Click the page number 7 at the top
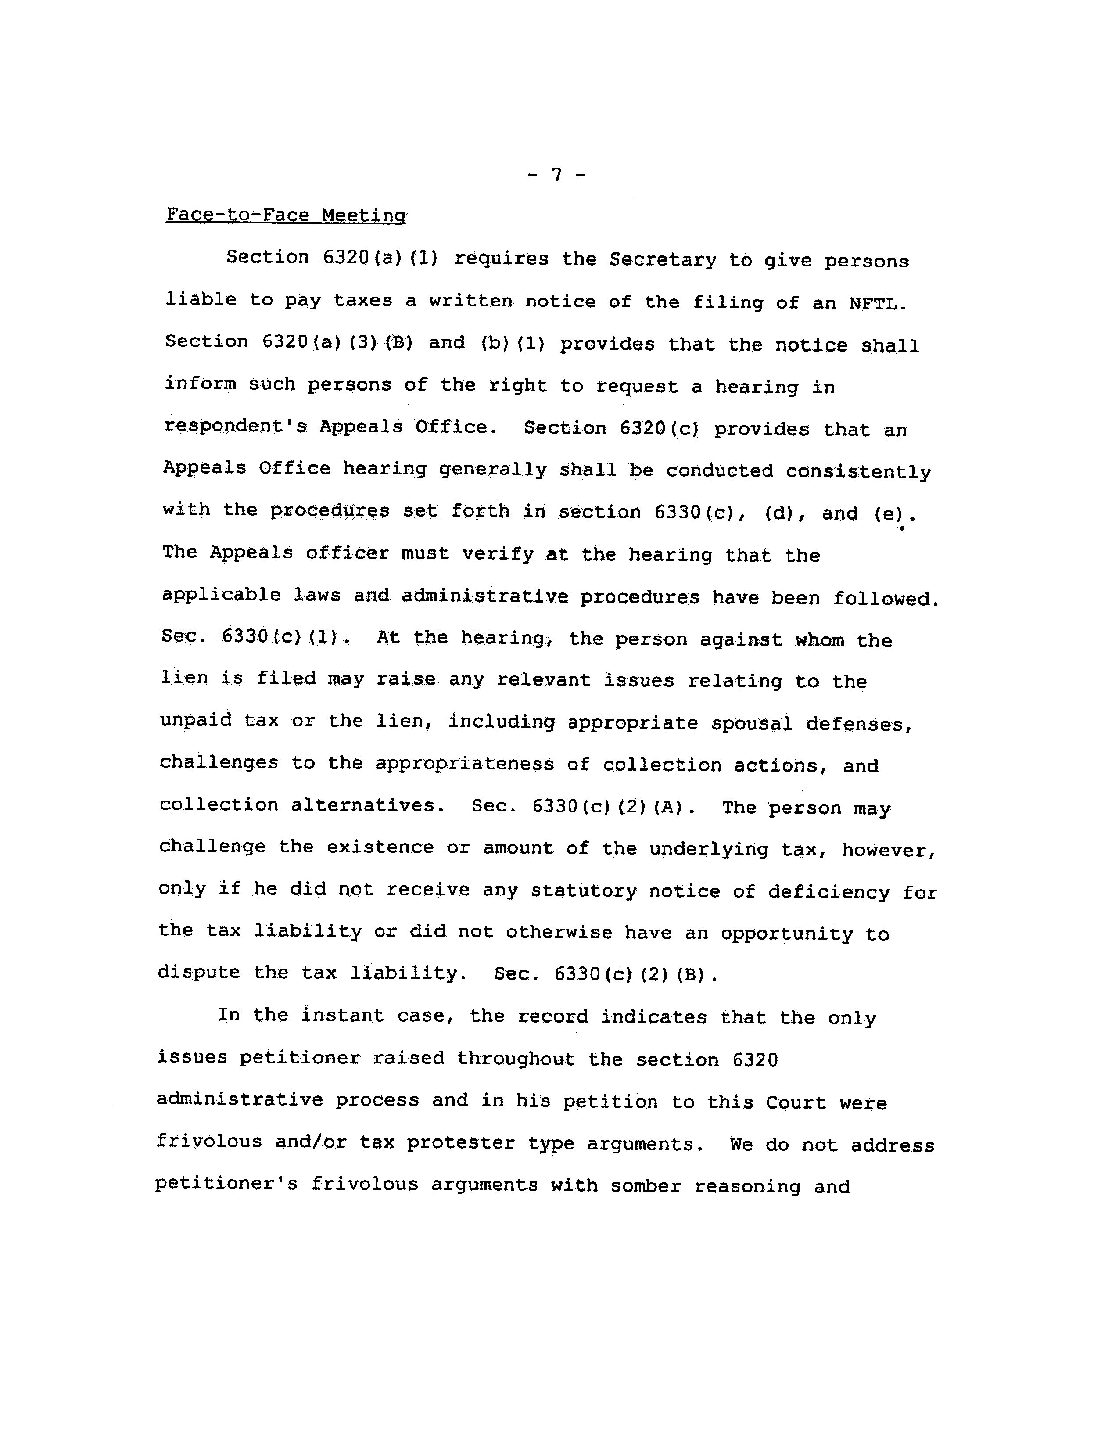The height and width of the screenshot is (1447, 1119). click(x=556, y=175)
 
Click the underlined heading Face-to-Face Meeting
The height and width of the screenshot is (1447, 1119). click(x=286, y=215)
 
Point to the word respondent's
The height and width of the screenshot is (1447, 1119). click(x=235, y=426)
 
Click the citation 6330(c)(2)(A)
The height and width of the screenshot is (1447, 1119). click(x=613, y=807)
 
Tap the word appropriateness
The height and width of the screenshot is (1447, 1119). click(x=464, y=764)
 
